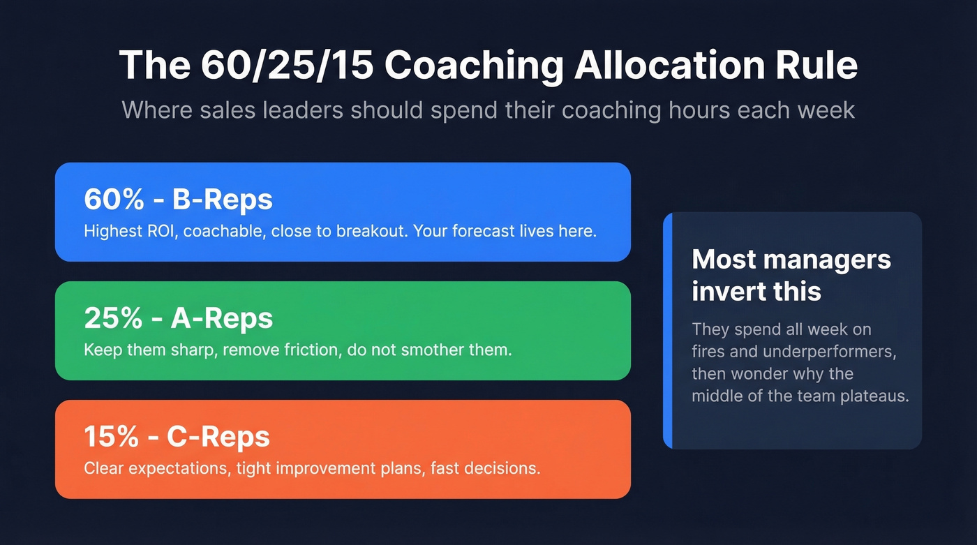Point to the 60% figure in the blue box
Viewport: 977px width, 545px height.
click(111, 200)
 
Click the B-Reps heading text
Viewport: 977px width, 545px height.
click(222, 200)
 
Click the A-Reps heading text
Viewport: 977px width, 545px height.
click(222, 319)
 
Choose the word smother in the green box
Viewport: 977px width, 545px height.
click(426, 350)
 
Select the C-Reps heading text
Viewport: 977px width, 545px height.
click(218, 438)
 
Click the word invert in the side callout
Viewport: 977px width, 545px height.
click(723, 291)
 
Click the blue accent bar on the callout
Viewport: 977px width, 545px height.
click(668, 331)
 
